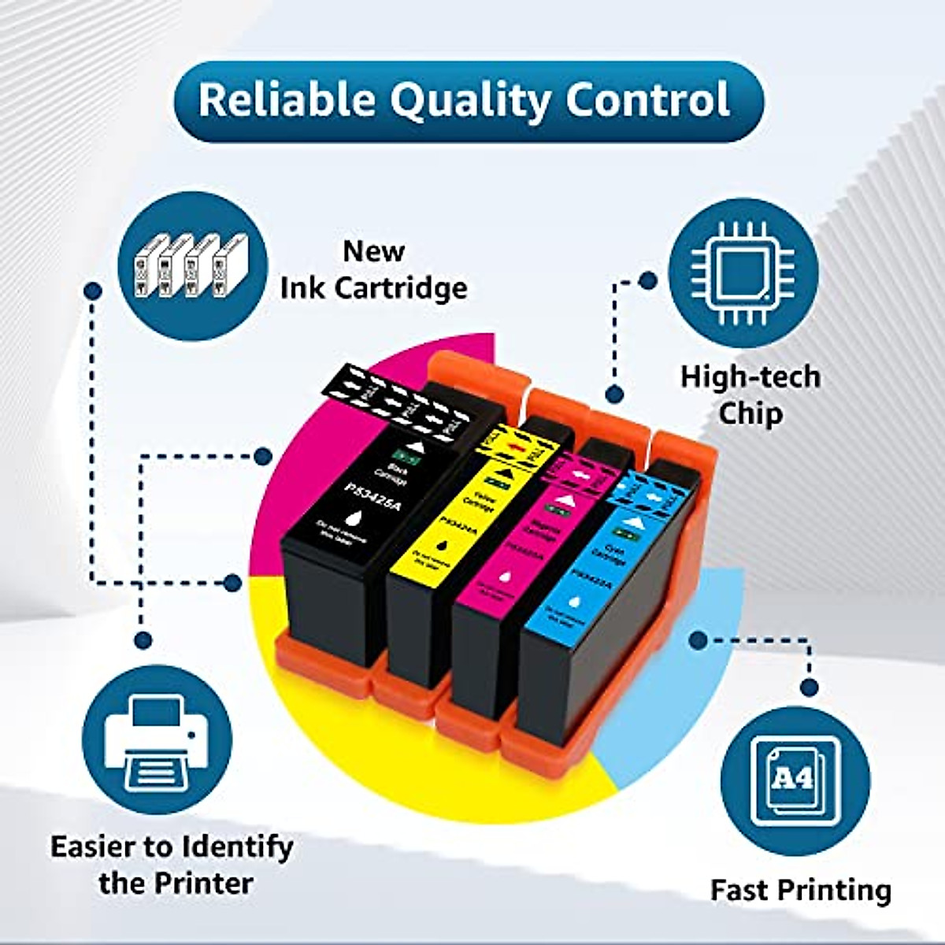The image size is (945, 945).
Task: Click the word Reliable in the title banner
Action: (x=287, y=100)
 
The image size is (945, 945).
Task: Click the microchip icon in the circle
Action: (x=743, y=272)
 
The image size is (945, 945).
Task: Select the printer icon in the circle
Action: (x=157, y=740)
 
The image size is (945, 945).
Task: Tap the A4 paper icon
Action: (x=794, y=780)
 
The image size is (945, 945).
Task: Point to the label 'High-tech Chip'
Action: (x=750, y=395)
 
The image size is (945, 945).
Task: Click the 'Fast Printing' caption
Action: (x=800, y=890)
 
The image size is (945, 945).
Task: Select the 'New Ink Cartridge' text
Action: (x=373, y=269)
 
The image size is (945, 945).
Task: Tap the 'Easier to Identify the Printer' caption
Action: (x=172, y=864)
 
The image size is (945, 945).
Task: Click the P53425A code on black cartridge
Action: (x=372, y=495)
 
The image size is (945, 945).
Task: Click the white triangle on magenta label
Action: (x=564, y=499)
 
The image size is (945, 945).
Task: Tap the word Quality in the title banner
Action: (x=469, y=102)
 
